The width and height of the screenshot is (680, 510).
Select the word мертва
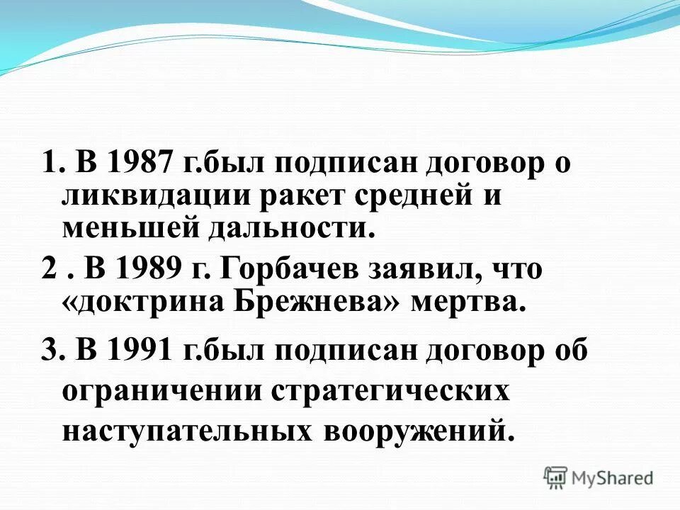click(x=468, y=302)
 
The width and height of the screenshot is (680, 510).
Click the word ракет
click(x=305, y=196)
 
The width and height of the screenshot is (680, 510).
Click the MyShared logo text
click(x=613, y=478)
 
